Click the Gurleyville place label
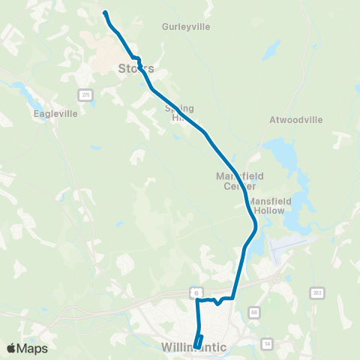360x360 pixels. point(186,26)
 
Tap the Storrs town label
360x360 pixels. point(136,68)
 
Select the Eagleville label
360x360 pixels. point(52,115)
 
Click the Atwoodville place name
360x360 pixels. point(295,119)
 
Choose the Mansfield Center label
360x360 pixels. point(236,181)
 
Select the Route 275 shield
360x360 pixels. point(85,94)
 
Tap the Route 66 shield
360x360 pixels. point(254,312)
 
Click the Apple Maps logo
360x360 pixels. point(27,348)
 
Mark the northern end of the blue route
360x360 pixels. point(105,13)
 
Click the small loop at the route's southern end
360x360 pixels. point(199,340)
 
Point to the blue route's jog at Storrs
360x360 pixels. point(136,58)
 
